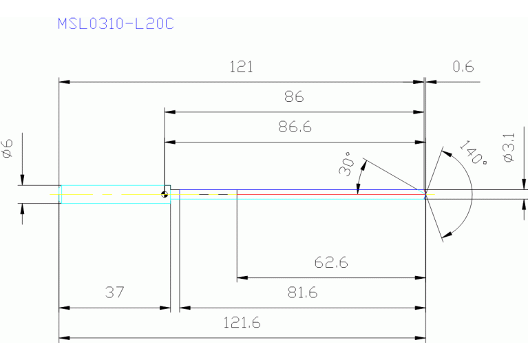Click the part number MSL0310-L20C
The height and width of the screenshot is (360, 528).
coord(115,24)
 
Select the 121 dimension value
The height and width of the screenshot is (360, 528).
coord(241,67)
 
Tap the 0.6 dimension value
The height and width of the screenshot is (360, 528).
coord(463,67)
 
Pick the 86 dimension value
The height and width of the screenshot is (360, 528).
coord(294,96)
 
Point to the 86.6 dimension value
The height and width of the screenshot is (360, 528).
coord(294,127)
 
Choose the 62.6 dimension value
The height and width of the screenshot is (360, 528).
coord(330,262)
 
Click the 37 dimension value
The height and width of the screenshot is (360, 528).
coord(114,293)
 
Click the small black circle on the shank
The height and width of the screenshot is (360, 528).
coord(165,193)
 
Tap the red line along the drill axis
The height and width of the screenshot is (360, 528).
coord(330,195)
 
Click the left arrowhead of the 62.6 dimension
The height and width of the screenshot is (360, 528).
coord(242,278)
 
